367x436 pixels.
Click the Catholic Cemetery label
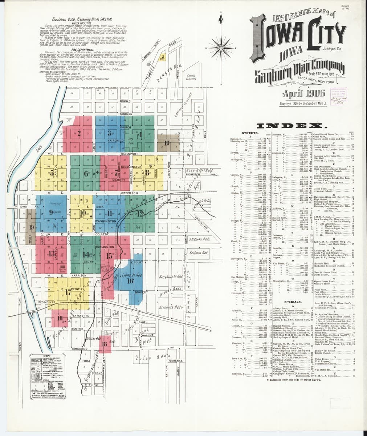[x=191, y=77]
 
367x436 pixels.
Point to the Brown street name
[x=125, y=101]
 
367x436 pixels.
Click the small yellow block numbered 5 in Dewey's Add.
[x=163, y=57]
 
